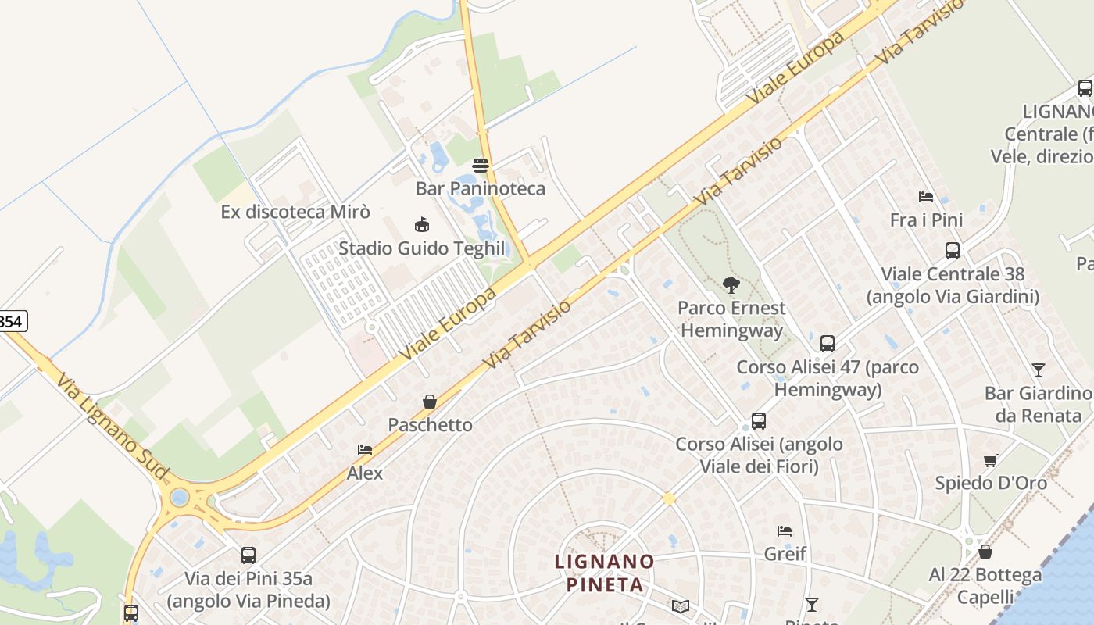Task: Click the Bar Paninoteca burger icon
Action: coord(481,166)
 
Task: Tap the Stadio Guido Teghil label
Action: coord(421,248)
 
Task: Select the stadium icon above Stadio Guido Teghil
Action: coord(422,225)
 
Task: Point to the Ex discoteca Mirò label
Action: coord(295,212)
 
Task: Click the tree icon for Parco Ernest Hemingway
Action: coord(731,285)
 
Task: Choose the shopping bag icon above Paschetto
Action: coord(430,402)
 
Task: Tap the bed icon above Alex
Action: coord(365,450)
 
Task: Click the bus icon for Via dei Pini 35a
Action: coord(248,555)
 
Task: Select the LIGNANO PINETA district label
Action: coord(605,573)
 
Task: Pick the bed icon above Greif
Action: coord(785,531)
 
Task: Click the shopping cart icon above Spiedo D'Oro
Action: coord(991,460)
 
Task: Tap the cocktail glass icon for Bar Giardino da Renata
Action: coord(1038,370)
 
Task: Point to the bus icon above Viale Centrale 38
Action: coord(953,251)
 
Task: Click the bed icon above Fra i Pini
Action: coord(926,197)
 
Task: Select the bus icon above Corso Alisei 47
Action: coord(828,344)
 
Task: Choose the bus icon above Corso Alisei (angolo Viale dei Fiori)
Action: coord(758,421)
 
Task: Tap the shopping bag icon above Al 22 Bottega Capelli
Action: coord(985,552)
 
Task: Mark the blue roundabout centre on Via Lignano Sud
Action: coord(180,497)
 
